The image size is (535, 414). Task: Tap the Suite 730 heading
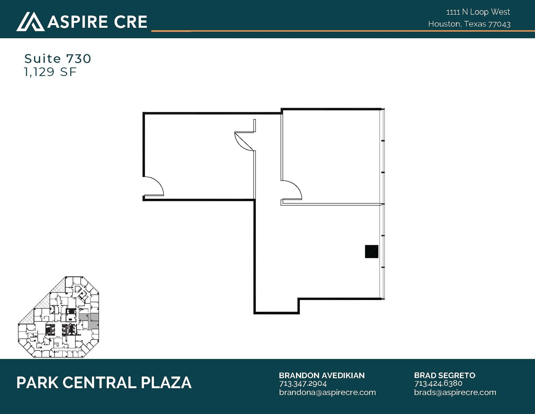tap(58, 59)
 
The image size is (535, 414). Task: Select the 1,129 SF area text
tap(50, 72)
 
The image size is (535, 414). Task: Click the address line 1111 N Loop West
tap(478, 12)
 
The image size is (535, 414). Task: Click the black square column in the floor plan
tap(371, 251)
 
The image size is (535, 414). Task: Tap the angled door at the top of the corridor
tap(244, 141)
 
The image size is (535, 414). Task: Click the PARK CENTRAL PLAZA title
tap(104, 383)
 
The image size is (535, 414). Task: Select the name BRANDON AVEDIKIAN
tap(322, 375)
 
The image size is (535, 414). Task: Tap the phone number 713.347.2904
tap(303, 384)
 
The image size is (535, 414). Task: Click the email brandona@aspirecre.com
tap(327, 392)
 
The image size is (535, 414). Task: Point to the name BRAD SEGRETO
tap(444, 375)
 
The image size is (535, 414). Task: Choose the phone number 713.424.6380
tap(438, 384)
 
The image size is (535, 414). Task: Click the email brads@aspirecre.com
tap(455, 392)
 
